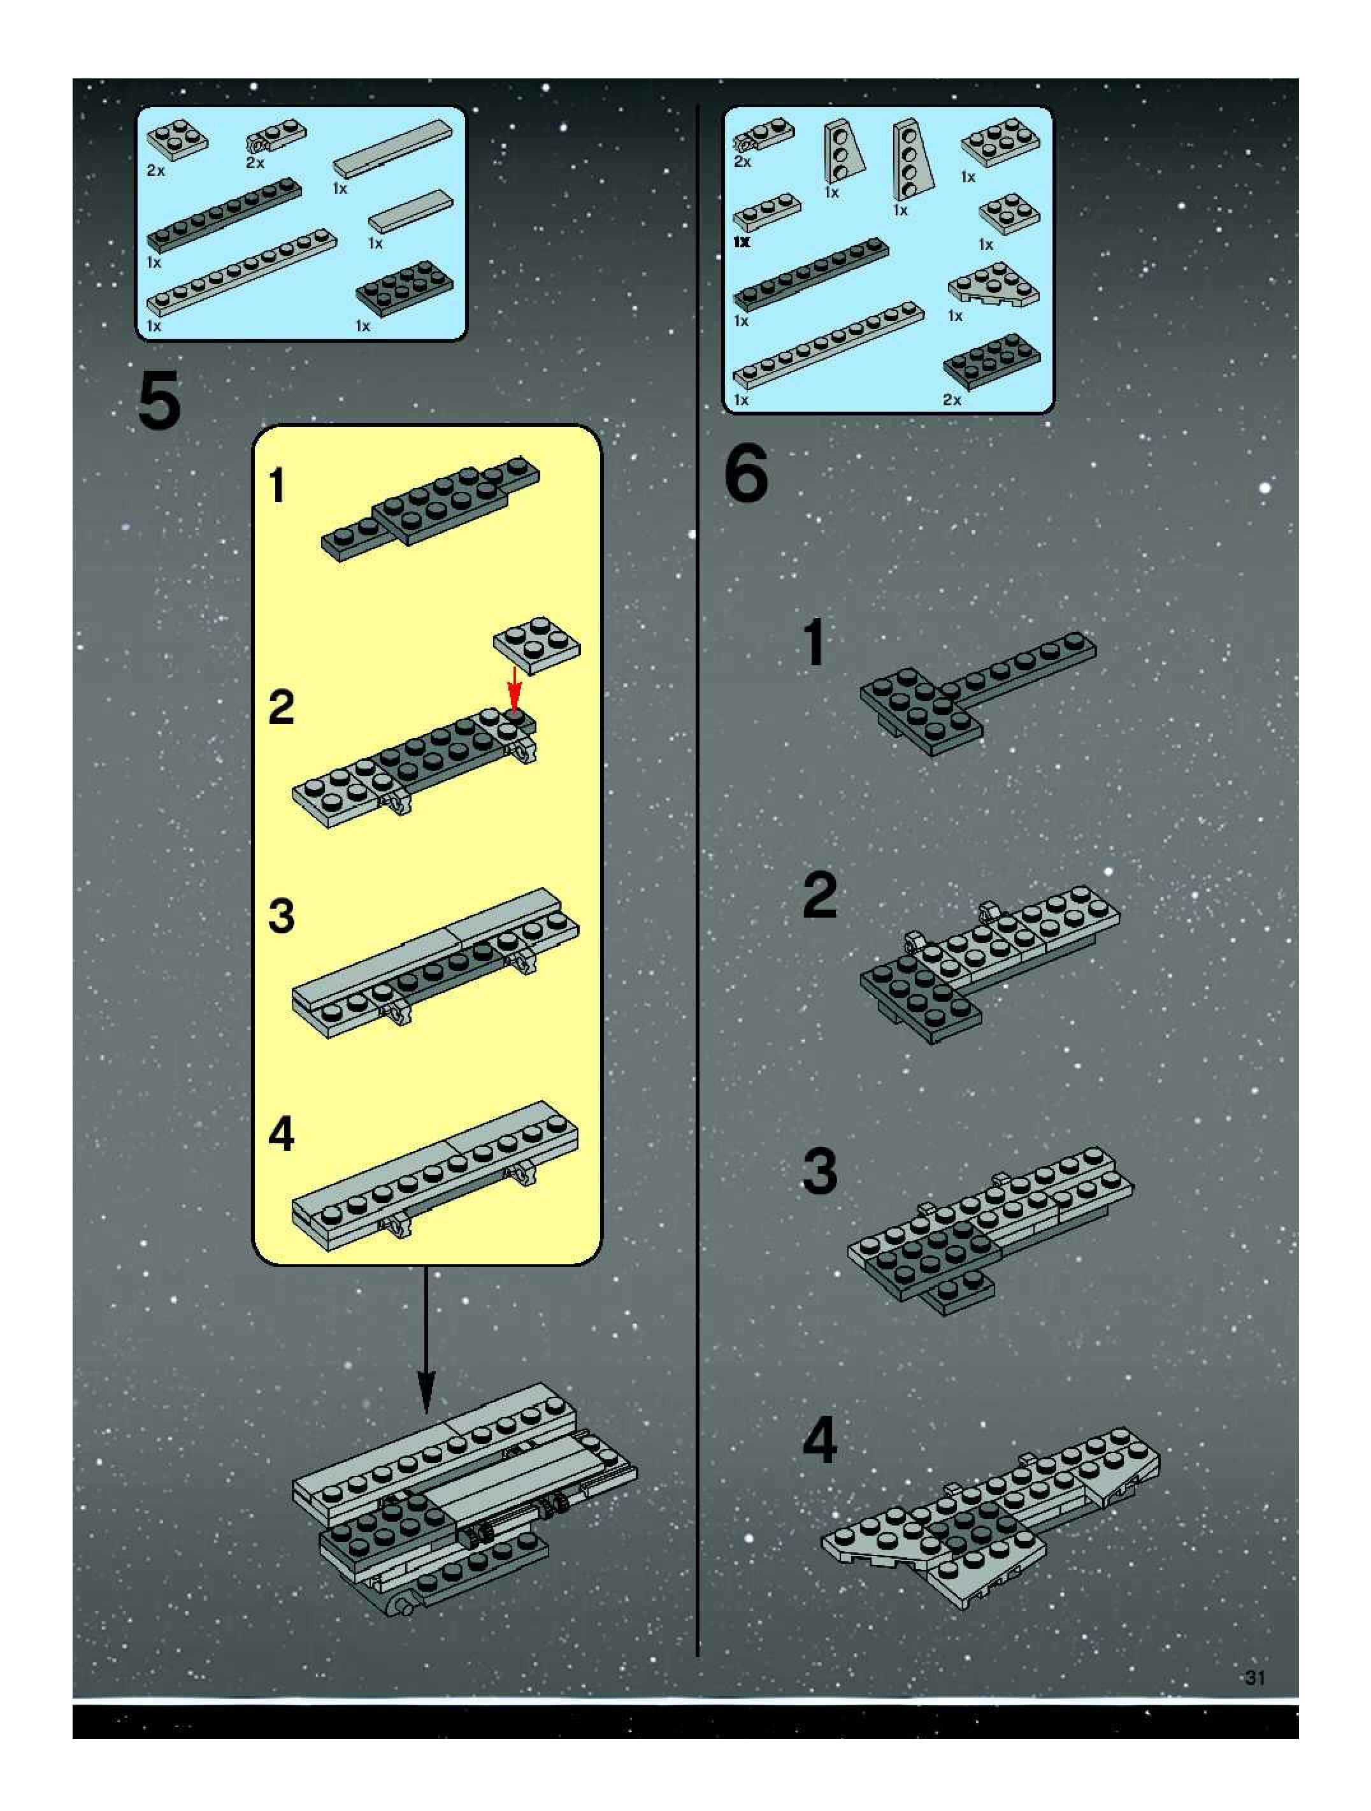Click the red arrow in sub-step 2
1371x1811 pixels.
coord(514,689)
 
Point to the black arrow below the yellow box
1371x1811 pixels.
coord(426,1339)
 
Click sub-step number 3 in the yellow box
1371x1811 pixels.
coord(281,917)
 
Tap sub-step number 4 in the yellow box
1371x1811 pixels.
coord(281,1135)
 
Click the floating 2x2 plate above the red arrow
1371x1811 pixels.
coord(536,645)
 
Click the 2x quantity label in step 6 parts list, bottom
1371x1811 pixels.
coord(951,400)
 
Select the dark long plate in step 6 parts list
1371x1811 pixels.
coord(810,275)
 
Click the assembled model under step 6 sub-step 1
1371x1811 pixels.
coord(978,692)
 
